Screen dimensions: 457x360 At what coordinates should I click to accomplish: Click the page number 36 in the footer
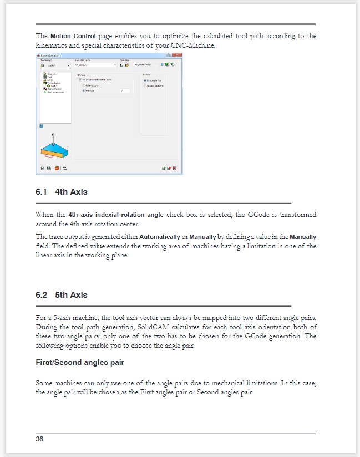coord(39,439)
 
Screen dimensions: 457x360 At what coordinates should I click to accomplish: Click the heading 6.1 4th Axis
coord(61,192)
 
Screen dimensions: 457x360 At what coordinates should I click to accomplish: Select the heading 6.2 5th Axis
coord(61,295)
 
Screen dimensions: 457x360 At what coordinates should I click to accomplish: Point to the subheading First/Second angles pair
coord(79,363)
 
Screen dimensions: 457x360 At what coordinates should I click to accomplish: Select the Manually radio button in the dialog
coord(83,90)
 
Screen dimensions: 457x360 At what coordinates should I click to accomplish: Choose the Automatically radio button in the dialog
coord(83,85)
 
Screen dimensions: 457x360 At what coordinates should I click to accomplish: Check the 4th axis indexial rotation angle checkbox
coord(80,80)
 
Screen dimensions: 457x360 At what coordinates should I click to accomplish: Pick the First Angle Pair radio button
coord(145,80)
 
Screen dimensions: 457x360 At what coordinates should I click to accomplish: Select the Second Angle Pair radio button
coord(145,86)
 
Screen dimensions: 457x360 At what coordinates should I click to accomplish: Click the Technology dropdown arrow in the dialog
coord(68,65)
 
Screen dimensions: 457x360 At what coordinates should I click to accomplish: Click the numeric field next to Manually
coord(125,90)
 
